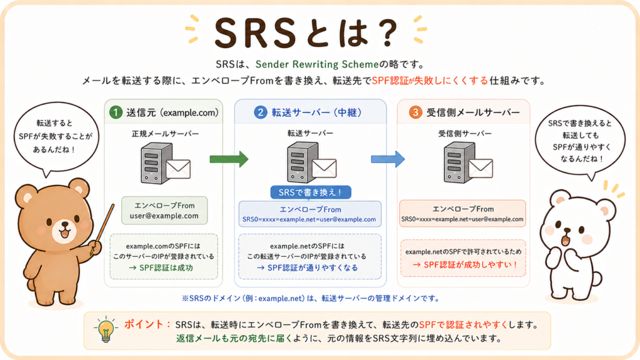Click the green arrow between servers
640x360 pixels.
(x=229, y=159)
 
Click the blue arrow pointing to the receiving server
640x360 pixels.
(x=387, y=159)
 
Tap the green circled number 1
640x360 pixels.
(x=116, y=112)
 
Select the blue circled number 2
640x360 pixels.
(x=260, y=112)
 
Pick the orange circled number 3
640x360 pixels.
(x=415, y=112)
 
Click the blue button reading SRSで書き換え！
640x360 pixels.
(x=310, y=192)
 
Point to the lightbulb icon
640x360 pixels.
(x=106, y=330)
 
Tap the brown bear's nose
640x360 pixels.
(x=64, y=224)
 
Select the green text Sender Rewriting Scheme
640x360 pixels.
(x=317, y=64)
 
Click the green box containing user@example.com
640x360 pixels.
(x=164, y=211)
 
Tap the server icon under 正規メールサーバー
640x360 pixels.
(x=164, y=163)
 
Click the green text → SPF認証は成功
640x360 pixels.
(x=161, y=267)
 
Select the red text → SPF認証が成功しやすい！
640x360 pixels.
(x=465, y=264)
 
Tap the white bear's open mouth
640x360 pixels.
(x=566, y=240)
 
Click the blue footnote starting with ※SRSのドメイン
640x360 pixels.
(x=311, y=298)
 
